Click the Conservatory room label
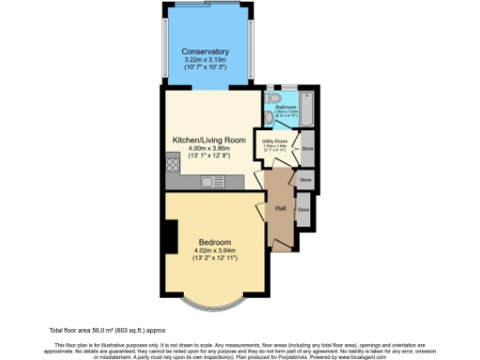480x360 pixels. [205, 51]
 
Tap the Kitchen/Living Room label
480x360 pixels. [209, 140]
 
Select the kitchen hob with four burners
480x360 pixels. [173, 167]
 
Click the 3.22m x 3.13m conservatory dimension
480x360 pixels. [205, 61]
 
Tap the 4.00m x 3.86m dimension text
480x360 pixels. [209, 148]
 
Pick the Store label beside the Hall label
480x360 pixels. [303, 210]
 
